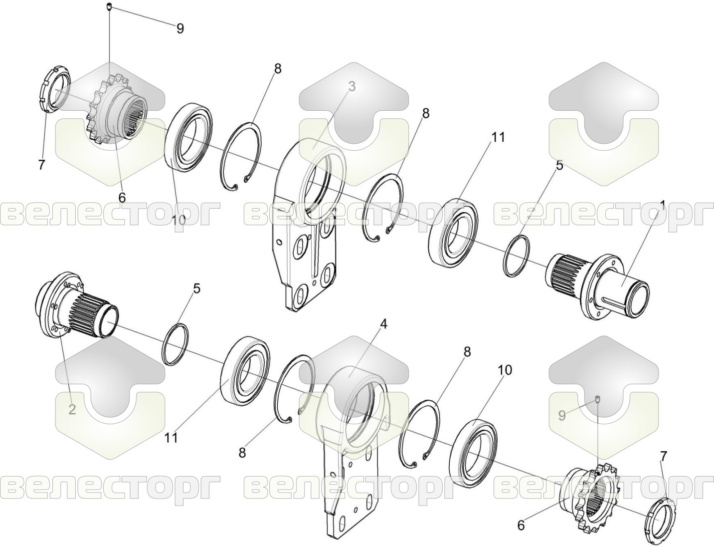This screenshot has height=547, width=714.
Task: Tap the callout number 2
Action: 72,409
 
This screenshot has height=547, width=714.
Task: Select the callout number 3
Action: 352,87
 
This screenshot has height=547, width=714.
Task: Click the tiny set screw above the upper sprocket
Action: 110,6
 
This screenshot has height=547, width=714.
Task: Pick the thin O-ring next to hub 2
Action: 176,345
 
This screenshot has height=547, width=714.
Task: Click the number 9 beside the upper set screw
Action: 180,28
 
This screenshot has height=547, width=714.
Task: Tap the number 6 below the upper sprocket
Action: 122,197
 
